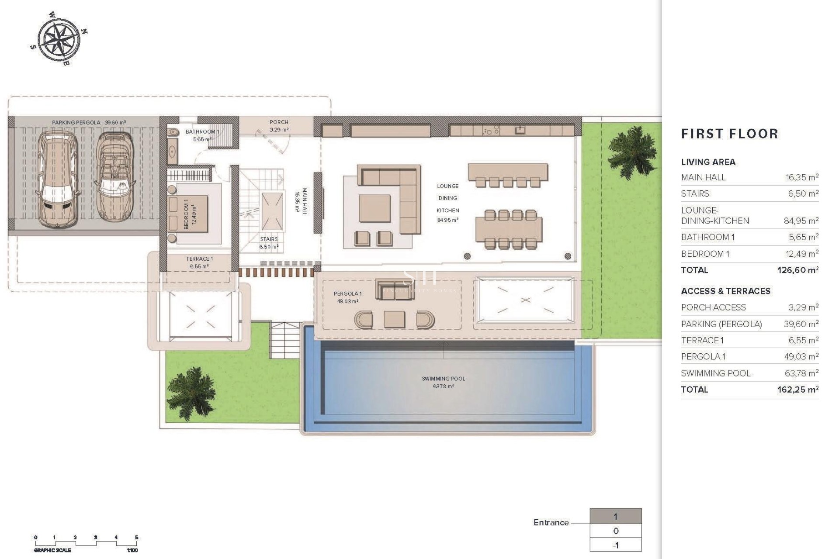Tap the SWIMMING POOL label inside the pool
(443, 379)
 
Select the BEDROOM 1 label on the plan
(186, 214)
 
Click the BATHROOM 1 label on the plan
(202, 131)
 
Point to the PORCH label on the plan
(279, 122)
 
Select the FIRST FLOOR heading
(729, 134)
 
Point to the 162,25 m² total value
(797, 390)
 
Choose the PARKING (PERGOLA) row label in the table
(721, 324)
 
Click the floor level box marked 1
(615, 517)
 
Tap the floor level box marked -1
(615, 545)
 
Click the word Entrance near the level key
(551, 522)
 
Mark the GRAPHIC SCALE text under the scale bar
(52, 550)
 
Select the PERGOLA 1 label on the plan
(347, 293)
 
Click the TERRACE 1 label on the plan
(199, 259)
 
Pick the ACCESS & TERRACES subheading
(725, 291)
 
